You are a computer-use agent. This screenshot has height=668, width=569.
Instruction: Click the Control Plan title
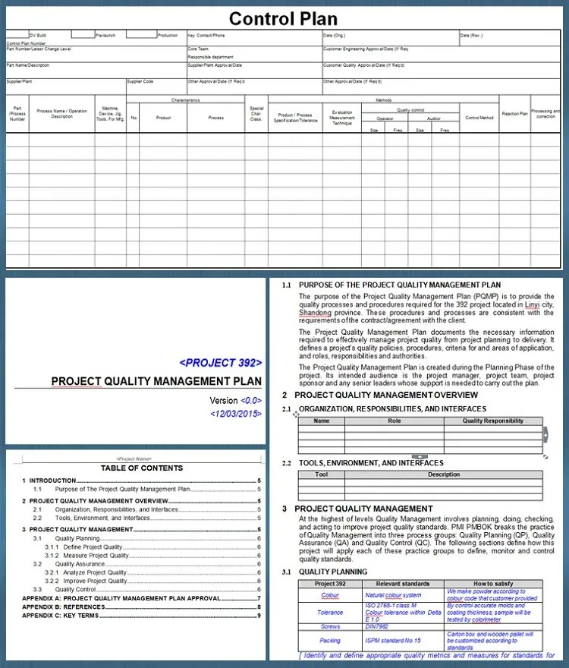point(283,18)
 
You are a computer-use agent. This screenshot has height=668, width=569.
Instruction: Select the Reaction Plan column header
point(514,114)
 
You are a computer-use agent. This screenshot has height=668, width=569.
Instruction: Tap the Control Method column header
point(479,118)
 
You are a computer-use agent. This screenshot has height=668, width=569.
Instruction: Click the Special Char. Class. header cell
point(256,114)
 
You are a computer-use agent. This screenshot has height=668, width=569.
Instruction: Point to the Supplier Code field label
point(140,81)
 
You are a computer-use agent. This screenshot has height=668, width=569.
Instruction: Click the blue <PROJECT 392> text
point(220,362)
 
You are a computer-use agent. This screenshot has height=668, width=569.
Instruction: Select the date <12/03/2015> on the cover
point(235,414)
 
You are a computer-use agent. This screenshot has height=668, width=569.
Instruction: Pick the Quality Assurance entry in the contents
point(80,564)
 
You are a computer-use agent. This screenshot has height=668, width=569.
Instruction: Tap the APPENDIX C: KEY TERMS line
point(61,615)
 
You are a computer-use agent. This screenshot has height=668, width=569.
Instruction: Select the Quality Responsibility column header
point(492,421)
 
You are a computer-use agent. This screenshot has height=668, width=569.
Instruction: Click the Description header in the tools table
point(443,474)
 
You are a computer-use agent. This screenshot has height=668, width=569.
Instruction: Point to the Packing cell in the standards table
point(330,640)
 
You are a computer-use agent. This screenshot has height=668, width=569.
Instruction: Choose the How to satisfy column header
point(493,584)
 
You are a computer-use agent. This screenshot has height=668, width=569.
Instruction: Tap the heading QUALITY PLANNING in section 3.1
point(333,572)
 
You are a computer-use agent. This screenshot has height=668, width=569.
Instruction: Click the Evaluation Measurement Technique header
point(342,118)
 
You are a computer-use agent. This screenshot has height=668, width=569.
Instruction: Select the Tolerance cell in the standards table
point(330,612)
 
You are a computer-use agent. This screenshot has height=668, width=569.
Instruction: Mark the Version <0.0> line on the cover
point(235,400)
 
